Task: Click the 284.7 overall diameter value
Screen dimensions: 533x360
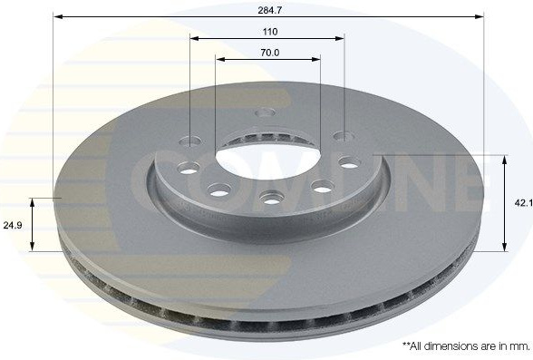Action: (269, 10)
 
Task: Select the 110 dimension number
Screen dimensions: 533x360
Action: (270, 32)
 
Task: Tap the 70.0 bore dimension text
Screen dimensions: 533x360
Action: (270, 53)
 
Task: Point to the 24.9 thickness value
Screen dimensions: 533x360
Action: (13, 225)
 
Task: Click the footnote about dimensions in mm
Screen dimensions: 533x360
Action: (466, 346)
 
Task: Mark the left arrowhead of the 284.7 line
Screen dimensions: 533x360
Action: (58, 16)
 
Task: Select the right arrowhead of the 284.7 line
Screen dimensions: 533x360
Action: (479, 16)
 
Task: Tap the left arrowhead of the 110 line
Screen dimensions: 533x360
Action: (195, 38)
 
